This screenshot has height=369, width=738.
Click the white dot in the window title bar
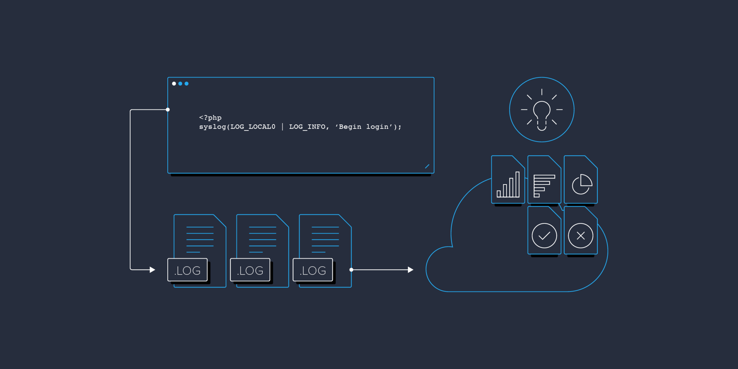[x=174, y=84]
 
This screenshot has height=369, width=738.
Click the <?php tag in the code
[x=210, y=118]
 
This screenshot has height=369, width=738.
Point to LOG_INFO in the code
[x=307, y=127]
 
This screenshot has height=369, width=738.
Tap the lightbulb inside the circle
[x=541, y=115]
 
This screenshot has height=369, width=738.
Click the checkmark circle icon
[x=544, y=236]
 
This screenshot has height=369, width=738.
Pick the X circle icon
[x=581, y=236]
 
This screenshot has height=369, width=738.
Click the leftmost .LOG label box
[x=187, y=270]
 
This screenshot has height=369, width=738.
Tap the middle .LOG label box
[x=250, y=270]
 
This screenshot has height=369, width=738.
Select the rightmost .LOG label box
[x=313, y=270]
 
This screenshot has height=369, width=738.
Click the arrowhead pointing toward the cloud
[x=411, y=270]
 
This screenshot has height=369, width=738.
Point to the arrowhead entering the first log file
[x=152, y=270]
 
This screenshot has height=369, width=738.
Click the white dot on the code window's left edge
[x=167, y=110]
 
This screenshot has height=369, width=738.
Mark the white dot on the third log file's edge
[x=351, y=270]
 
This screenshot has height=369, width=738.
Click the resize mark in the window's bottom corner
[x=427, y=166]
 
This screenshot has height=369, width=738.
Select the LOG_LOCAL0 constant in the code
[x=253, y=127]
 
